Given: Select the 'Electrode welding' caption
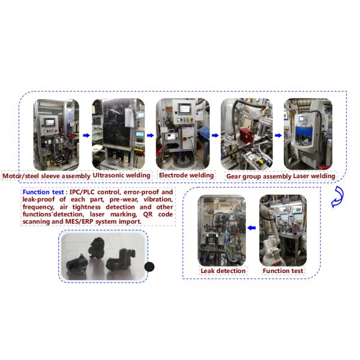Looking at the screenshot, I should point(186,176).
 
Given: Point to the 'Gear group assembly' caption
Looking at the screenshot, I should point(258,176).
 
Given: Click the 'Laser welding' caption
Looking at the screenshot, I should point(314,176).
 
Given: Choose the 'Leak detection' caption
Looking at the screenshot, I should point(223,271).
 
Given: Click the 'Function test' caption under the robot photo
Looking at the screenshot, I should point(283,271).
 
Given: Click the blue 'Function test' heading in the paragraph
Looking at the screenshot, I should point(44,193).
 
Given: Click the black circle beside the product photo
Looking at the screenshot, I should point(149,267).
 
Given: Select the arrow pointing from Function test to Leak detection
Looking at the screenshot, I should point(253,228).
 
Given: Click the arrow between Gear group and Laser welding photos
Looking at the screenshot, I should point(278,136).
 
